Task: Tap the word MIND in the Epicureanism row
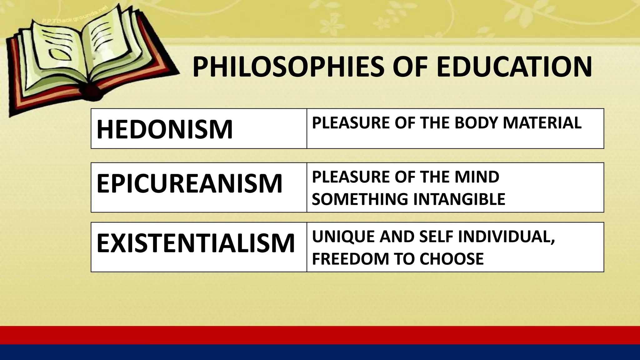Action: point(477,177)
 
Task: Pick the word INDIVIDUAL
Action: point(506,237)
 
